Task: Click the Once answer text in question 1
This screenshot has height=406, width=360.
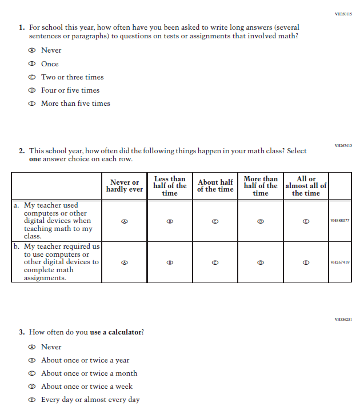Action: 50,64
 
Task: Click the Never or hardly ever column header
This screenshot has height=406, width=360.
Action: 124,186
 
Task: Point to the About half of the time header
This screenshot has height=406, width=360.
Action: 215,186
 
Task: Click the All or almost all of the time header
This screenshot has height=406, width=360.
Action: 306,186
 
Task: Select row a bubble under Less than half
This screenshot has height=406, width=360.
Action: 170,221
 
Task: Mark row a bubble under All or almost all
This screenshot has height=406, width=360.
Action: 306,221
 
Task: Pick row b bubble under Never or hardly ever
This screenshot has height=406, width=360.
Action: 124,262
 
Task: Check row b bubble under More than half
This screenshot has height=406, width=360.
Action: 261,262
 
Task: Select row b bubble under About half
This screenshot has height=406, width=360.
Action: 215,262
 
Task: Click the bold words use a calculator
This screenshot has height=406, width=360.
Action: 117,332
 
